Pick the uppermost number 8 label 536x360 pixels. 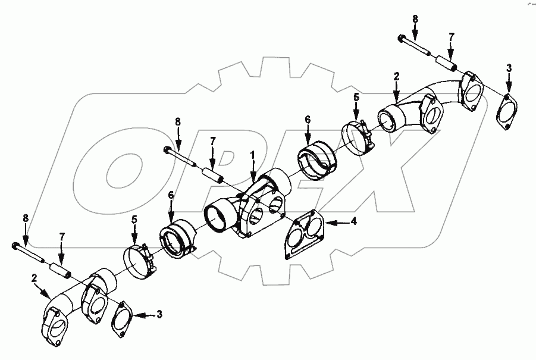point(415,19)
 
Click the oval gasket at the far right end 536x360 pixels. point(506,111)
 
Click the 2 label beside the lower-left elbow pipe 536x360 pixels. point(35,278)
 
